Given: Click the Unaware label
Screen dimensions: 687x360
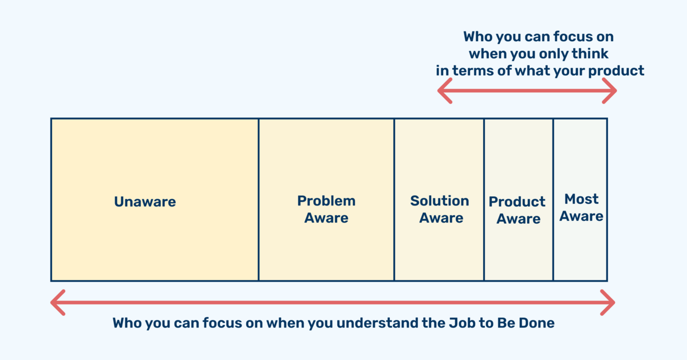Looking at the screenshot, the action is (145, 202).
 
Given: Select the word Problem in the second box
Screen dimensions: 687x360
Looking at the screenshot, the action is (326, 201).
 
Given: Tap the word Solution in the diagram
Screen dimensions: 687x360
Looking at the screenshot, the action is (440, 201).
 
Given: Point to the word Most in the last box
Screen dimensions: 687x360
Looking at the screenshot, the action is (581, 199).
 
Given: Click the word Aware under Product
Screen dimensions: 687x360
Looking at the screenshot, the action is (519, 219).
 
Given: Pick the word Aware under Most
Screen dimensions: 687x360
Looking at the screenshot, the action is (581, 216).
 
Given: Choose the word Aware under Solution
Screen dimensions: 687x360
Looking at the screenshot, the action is (441, 218).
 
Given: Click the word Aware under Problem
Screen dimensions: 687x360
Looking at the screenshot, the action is (326, 218).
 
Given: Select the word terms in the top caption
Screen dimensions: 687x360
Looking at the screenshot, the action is (473, 71).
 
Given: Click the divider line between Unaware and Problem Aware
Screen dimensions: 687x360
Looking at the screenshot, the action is (259, 200).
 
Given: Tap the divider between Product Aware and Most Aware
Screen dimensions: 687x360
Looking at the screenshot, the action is (553, 200).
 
